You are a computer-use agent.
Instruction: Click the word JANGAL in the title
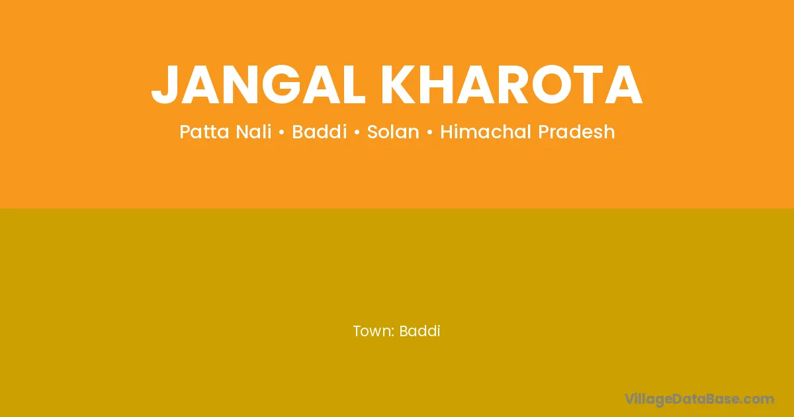[x=258, y=85]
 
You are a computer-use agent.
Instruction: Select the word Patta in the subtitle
[x=205, y=132]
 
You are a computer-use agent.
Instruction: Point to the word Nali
[x=254, y=132]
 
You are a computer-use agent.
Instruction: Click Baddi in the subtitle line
[x=320, y=132]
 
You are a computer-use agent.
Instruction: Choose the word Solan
[x=393, y=132]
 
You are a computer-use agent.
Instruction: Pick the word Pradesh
[x=576, y=132]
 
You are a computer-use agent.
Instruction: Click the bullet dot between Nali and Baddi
[x=282, y=132]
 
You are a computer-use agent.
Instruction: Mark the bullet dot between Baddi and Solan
[x=357, y=132]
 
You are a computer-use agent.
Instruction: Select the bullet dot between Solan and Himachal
[x=430, y=132]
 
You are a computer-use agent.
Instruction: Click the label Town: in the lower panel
[x=374, y=331]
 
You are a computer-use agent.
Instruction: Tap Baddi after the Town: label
[x=419, y=331]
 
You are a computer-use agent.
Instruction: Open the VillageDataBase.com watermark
[x=699, y=400]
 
